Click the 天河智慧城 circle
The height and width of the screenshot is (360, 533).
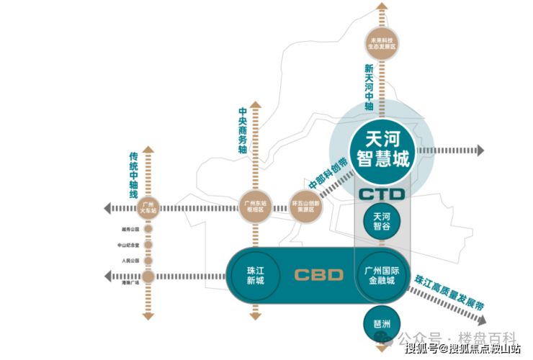(382, 148)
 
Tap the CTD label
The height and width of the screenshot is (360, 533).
(382, 194)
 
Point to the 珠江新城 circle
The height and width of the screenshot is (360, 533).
(256, 275)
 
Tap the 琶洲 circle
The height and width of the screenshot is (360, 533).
(382, 320)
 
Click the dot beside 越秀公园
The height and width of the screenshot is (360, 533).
(148, 230)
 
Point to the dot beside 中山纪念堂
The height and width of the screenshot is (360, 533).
(148, 246)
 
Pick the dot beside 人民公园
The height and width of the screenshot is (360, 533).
(148, 261)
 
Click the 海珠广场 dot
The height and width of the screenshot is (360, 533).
(148, 276)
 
